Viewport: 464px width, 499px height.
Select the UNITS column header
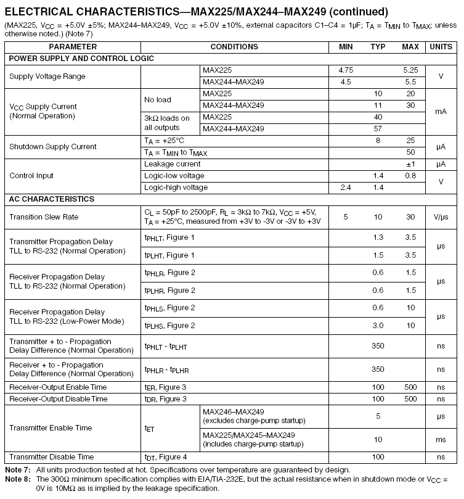pos(441,47)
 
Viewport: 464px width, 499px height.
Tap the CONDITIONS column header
pos(234,47)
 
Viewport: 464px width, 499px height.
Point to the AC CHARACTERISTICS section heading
pos(52,199)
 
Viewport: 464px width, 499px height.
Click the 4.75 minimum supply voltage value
pos(346,70)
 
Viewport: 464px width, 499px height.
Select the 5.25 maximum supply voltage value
pos(410,70)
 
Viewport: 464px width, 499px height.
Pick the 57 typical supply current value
pos(378,129)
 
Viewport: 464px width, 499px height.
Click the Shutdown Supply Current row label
pos(53,147)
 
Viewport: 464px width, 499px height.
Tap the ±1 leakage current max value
pos(410,164)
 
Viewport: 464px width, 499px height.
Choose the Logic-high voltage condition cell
pos(176,188)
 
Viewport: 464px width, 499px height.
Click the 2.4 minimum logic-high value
pos(346,188)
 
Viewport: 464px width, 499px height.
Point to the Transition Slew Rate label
pos(43,217)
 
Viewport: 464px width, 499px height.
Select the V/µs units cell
pos(441,217)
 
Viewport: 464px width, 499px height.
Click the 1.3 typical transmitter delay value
pos(378,237)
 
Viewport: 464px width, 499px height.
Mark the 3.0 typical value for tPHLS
pos(378,326)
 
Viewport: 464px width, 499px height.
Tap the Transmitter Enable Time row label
pos(51,428)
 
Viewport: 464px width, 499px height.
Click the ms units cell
pos(441,440)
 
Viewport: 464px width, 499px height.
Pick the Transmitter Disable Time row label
pos(52,457)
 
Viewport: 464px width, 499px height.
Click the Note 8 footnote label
pos(17,479)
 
